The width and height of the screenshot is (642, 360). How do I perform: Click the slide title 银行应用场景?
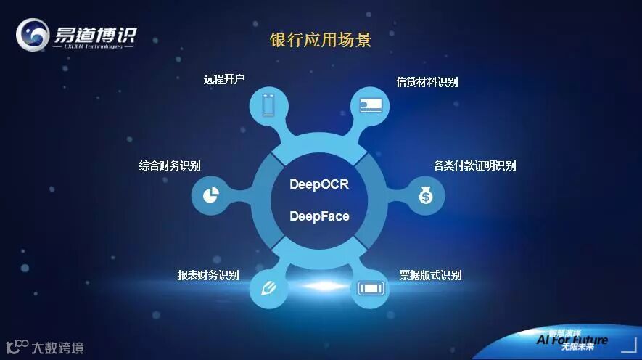click(x=320, y=41)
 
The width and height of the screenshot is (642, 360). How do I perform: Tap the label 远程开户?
click(x=224, y=80)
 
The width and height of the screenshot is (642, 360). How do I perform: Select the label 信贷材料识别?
click(x=427, y=82)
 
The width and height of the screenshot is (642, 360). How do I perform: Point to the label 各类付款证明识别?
click(x=474, y=165)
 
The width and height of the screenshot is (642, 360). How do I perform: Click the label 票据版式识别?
click(x=430, y=275)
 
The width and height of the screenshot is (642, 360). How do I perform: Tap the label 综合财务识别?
click(x=170, y=165)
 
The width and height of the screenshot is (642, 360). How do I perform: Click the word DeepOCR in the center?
click(x=319, y=184)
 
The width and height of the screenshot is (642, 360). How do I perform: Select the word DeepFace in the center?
click(x=319, y=216)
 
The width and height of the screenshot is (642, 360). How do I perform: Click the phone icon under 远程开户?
click(x=268, y=105)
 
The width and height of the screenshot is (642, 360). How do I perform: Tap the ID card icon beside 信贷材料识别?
click(x=370, y=105)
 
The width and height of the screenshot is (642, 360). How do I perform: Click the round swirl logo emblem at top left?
click(x=33, y=34)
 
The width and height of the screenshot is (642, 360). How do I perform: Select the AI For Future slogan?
click(x=572, y=339)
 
